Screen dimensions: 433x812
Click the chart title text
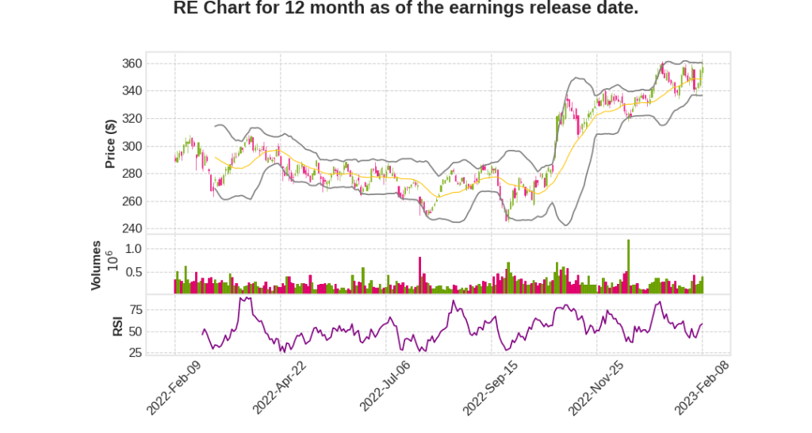coord(405,9)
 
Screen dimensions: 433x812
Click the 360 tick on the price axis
coord(132,63)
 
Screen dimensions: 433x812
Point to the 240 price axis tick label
coord(132,229)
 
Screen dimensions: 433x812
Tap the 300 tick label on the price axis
coord(132,147)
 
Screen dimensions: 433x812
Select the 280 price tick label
coord(132,174)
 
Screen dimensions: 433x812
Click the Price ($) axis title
coord(111,144)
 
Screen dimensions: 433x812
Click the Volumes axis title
coord(96,265)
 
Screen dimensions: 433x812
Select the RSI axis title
coord(117,326)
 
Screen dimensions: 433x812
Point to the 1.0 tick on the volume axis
coord(133,249)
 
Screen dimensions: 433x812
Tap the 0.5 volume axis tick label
coord(133,272)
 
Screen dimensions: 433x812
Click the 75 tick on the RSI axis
coord(136,309)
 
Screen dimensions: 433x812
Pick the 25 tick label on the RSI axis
coord(136,352)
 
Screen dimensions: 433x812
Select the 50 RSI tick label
coord(136,331)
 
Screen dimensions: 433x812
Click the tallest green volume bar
coord(628,266)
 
